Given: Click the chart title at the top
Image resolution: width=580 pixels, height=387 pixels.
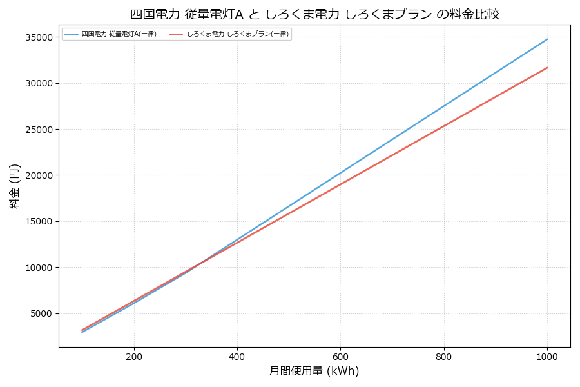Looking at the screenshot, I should tap(314, 14).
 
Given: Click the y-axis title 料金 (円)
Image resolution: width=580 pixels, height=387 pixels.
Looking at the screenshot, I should tap(15, 186).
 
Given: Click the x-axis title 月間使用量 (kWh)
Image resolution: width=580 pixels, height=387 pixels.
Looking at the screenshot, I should tap(314, 371).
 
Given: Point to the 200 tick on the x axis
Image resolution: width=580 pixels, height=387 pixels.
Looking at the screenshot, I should tap(134, 355).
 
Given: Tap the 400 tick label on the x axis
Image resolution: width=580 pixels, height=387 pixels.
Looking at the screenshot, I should tap(237, 355).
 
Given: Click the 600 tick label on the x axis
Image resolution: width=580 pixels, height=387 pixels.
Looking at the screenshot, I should tap(340, 355).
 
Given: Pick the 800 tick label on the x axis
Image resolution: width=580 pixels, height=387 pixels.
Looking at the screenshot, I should tap(444, 355).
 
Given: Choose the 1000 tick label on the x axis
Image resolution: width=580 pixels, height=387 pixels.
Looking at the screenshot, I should tap(547, 355).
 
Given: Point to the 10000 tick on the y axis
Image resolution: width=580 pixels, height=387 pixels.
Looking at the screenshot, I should tap(39, 268).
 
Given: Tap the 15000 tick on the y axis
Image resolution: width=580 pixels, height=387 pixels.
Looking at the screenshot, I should tap(39, 221).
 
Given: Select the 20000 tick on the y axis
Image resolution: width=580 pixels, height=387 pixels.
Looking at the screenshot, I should tap(39, 175).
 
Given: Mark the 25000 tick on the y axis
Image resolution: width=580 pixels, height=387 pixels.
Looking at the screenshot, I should tap(39, 130).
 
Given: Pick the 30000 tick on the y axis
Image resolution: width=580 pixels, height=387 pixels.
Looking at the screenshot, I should tap(39, 83).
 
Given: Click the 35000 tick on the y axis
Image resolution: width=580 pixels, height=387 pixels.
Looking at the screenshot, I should tap(39, 37).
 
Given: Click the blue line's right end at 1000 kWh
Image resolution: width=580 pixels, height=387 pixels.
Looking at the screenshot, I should tap(547, 39).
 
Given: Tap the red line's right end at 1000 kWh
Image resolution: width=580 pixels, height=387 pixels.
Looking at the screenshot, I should tap(547, 68).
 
